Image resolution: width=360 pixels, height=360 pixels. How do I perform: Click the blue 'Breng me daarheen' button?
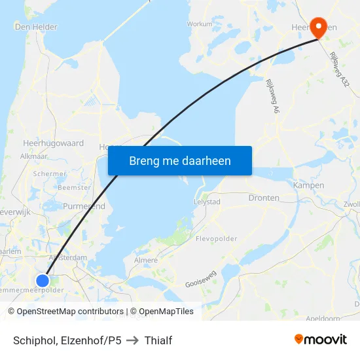(x=179, y=160)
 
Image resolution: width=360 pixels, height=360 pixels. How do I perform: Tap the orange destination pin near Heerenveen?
(x=319, y=27)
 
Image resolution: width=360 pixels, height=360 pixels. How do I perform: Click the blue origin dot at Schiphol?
(x=43, y=281)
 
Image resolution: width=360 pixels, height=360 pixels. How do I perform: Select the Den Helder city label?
(x=36, y=27)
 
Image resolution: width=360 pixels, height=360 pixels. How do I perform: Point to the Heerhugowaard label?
(x=53, y=142)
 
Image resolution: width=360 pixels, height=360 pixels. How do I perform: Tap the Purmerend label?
(x=84, y=206)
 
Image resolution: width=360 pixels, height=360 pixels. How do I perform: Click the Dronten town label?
(x=264, y=198)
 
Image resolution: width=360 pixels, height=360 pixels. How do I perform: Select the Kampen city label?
(x=309, y=185)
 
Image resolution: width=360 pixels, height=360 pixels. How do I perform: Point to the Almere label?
(x=145, y=260)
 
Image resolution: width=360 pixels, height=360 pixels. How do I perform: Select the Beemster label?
(x=75, y=187)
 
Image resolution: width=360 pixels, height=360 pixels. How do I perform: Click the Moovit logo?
(x=321, y=339)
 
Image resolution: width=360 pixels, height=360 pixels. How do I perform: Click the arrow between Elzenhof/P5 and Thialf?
(x=132, y=340)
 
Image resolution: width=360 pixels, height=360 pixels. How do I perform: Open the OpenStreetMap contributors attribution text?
(x=67, y=312)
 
